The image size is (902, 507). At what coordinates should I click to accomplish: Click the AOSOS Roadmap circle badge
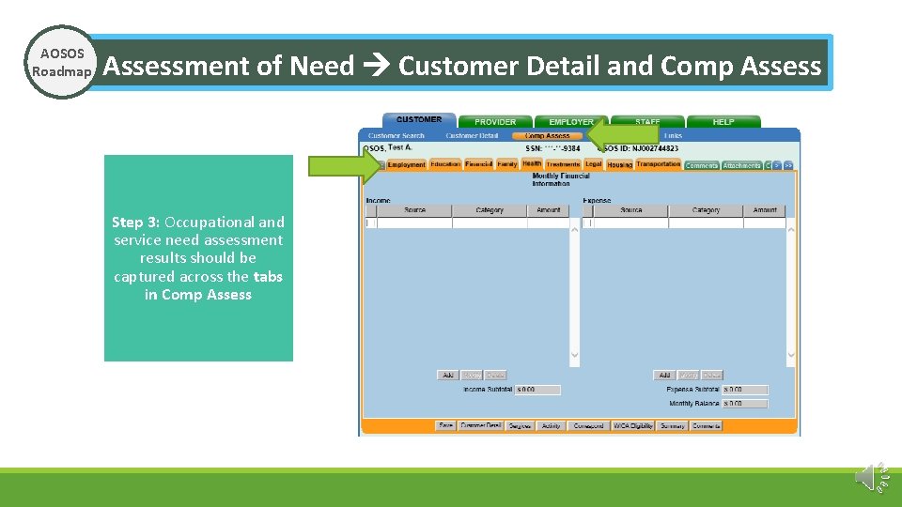pyautogui.click(x=61, y=63)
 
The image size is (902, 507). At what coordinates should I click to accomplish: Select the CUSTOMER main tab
pyautogui.click(x=419, y=120)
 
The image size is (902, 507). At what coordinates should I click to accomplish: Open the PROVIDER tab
pyautogui.click(x=495, y=122)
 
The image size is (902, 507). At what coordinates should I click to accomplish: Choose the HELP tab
pyautogui.click(x=723, y=122)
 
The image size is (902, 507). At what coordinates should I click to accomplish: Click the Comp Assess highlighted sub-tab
pyautogui.click(x=547, y=136)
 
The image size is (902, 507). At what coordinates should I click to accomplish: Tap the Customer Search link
pyautogui.click(x=396, y=136)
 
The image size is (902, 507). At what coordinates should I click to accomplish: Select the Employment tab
pyautogui.click(x=407, y=165)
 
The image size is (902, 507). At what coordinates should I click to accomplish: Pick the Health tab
pyautogui.click(x=532, y=164)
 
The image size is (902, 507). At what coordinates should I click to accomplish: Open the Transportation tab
pyautogui.click(x=658, y=164)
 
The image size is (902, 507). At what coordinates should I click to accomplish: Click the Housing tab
pyautogui.click(x=620, y=165)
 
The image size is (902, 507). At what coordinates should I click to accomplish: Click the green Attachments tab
pyautogui.click(x=741, y=165)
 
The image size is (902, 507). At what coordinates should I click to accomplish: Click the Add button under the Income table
pyautogui.click(x=448, y=375)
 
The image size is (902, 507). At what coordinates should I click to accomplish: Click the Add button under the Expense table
pyautogui.click(x=664, y=375)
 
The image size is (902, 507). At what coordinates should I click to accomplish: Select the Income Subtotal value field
pyautogui.click(x=537, y=390)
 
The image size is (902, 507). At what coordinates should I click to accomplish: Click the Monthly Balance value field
pyautogui.click(x=745, y=404)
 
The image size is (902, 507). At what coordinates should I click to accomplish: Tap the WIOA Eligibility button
pyautogui.click(x=633, y=425)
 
